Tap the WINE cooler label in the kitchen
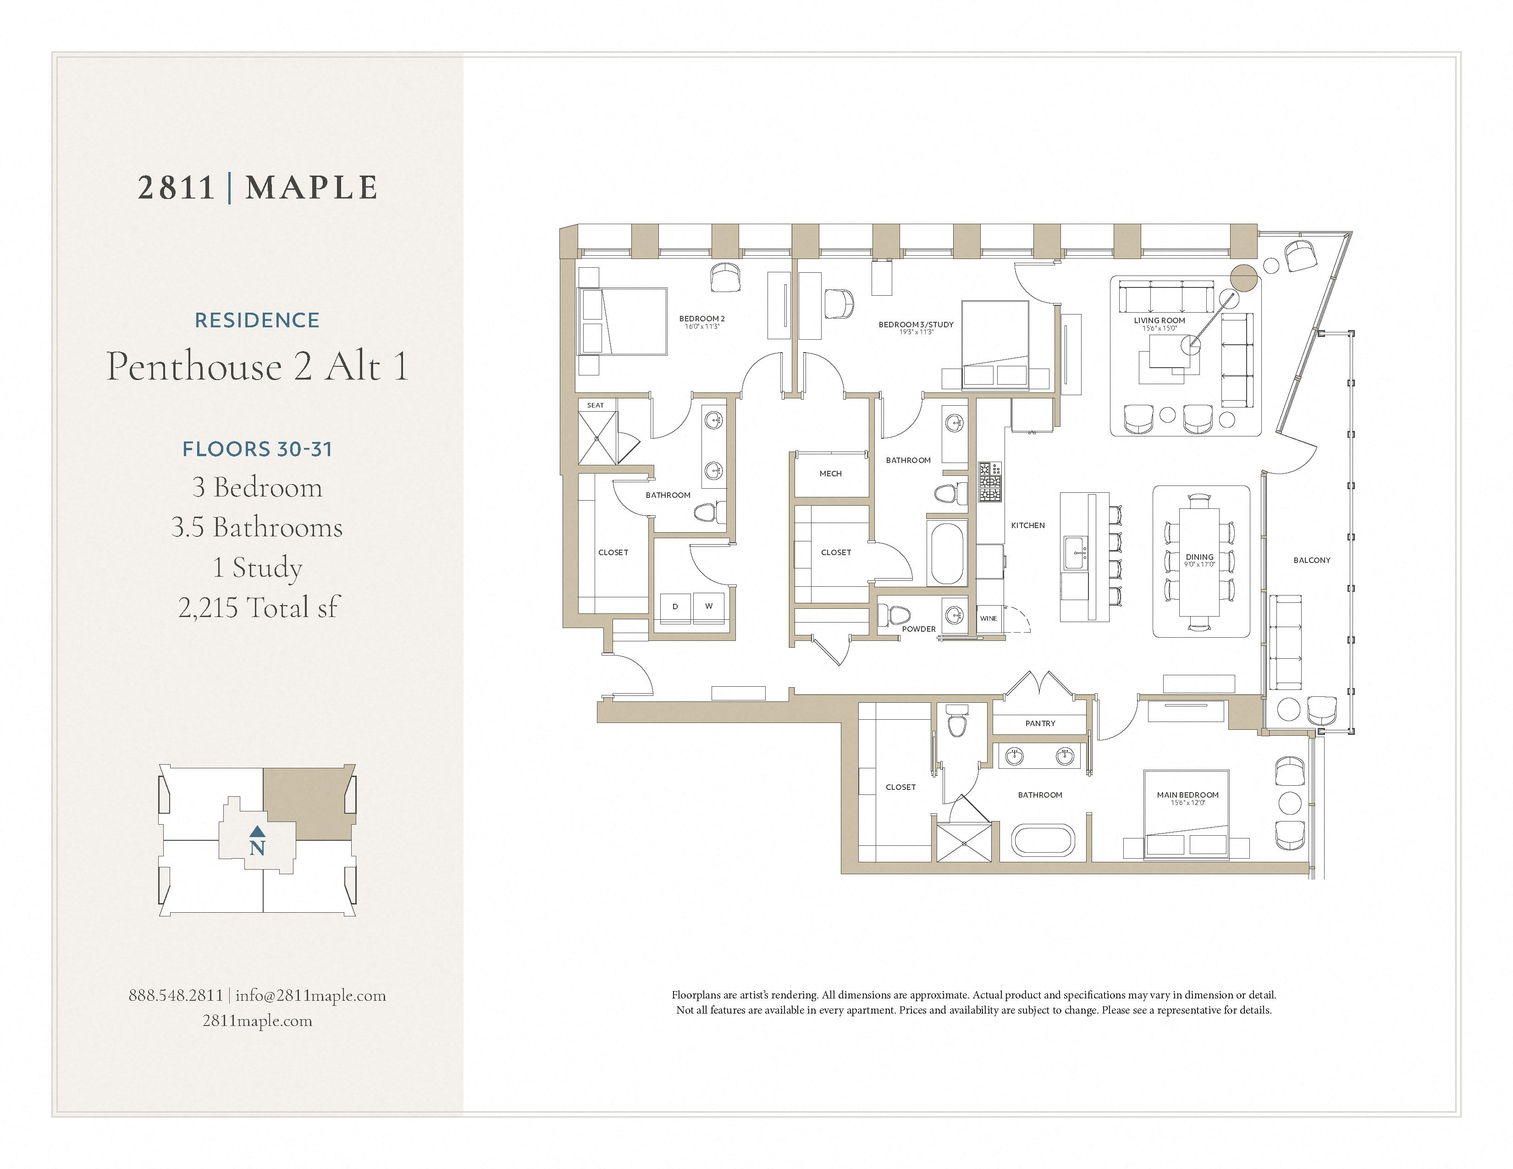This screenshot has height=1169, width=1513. click(x=988, y=618)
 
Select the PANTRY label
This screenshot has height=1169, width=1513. click(x=1040, y=723)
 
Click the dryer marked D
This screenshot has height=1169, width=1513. click(x=675, y=607)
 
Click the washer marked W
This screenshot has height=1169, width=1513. click(x=709, y=607)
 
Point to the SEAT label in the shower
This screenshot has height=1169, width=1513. click(x=595, y=405)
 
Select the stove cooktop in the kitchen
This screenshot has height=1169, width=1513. click(x=989, y=483)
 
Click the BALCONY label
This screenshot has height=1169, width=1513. click(x=1311, y=560)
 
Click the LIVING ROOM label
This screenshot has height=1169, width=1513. click(x=1159, y=320)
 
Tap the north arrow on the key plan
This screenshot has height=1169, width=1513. click(x=257, y=831)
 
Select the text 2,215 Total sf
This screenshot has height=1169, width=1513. click(x=258, y=607)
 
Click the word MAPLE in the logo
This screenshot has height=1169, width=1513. click(x=312, y=187)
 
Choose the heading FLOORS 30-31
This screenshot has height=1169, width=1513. click(x=257, y=449)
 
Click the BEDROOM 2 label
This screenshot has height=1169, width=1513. click(x=702, y=319)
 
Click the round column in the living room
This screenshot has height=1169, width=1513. click(x=1243, y=278)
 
